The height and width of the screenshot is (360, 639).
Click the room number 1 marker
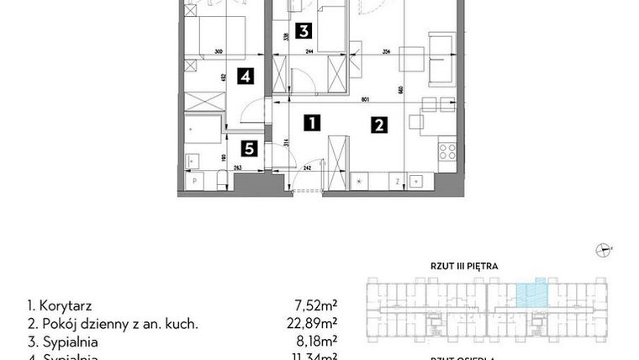pos(311,123)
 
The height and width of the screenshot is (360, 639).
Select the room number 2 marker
pos(379,126)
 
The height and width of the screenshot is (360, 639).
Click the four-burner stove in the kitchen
pos(446,154)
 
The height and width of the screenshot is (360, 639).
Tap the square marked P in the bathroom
pos(195,180)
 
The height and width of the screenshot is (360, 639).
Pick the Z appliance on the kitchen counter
pos(394,180)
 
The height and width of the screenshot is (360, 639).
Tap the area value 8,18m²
pos(320,342)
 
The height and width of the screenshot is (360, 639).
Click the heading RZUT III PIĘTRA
pos(466,267)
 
